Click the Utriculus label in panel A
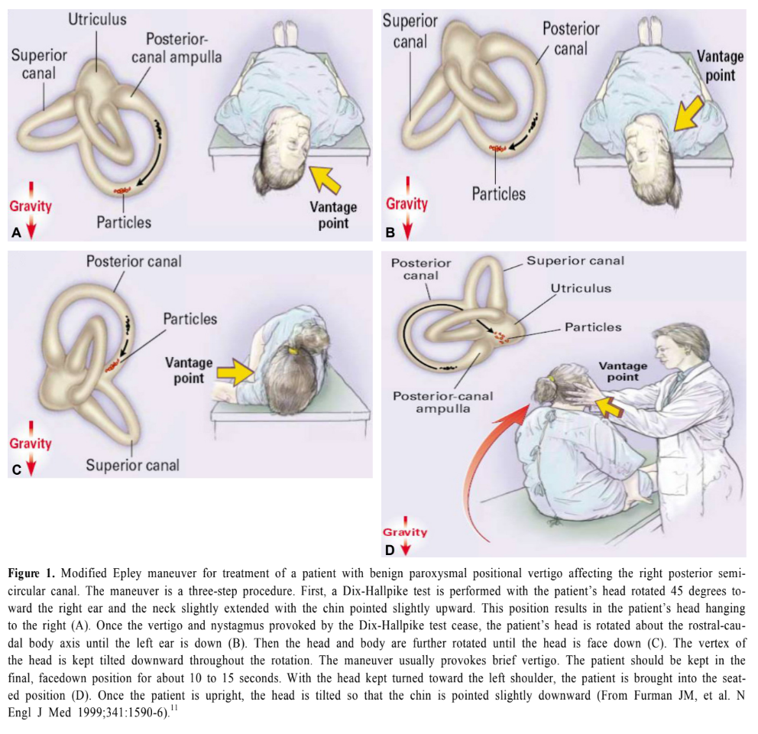point(96,20)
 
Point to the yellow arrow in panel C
point(237,372)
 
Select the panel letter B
point(390,229)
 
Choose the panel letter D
point(390,547)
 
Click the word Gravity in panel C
point(31,443)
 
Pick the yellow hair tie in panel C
point(292,352)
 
